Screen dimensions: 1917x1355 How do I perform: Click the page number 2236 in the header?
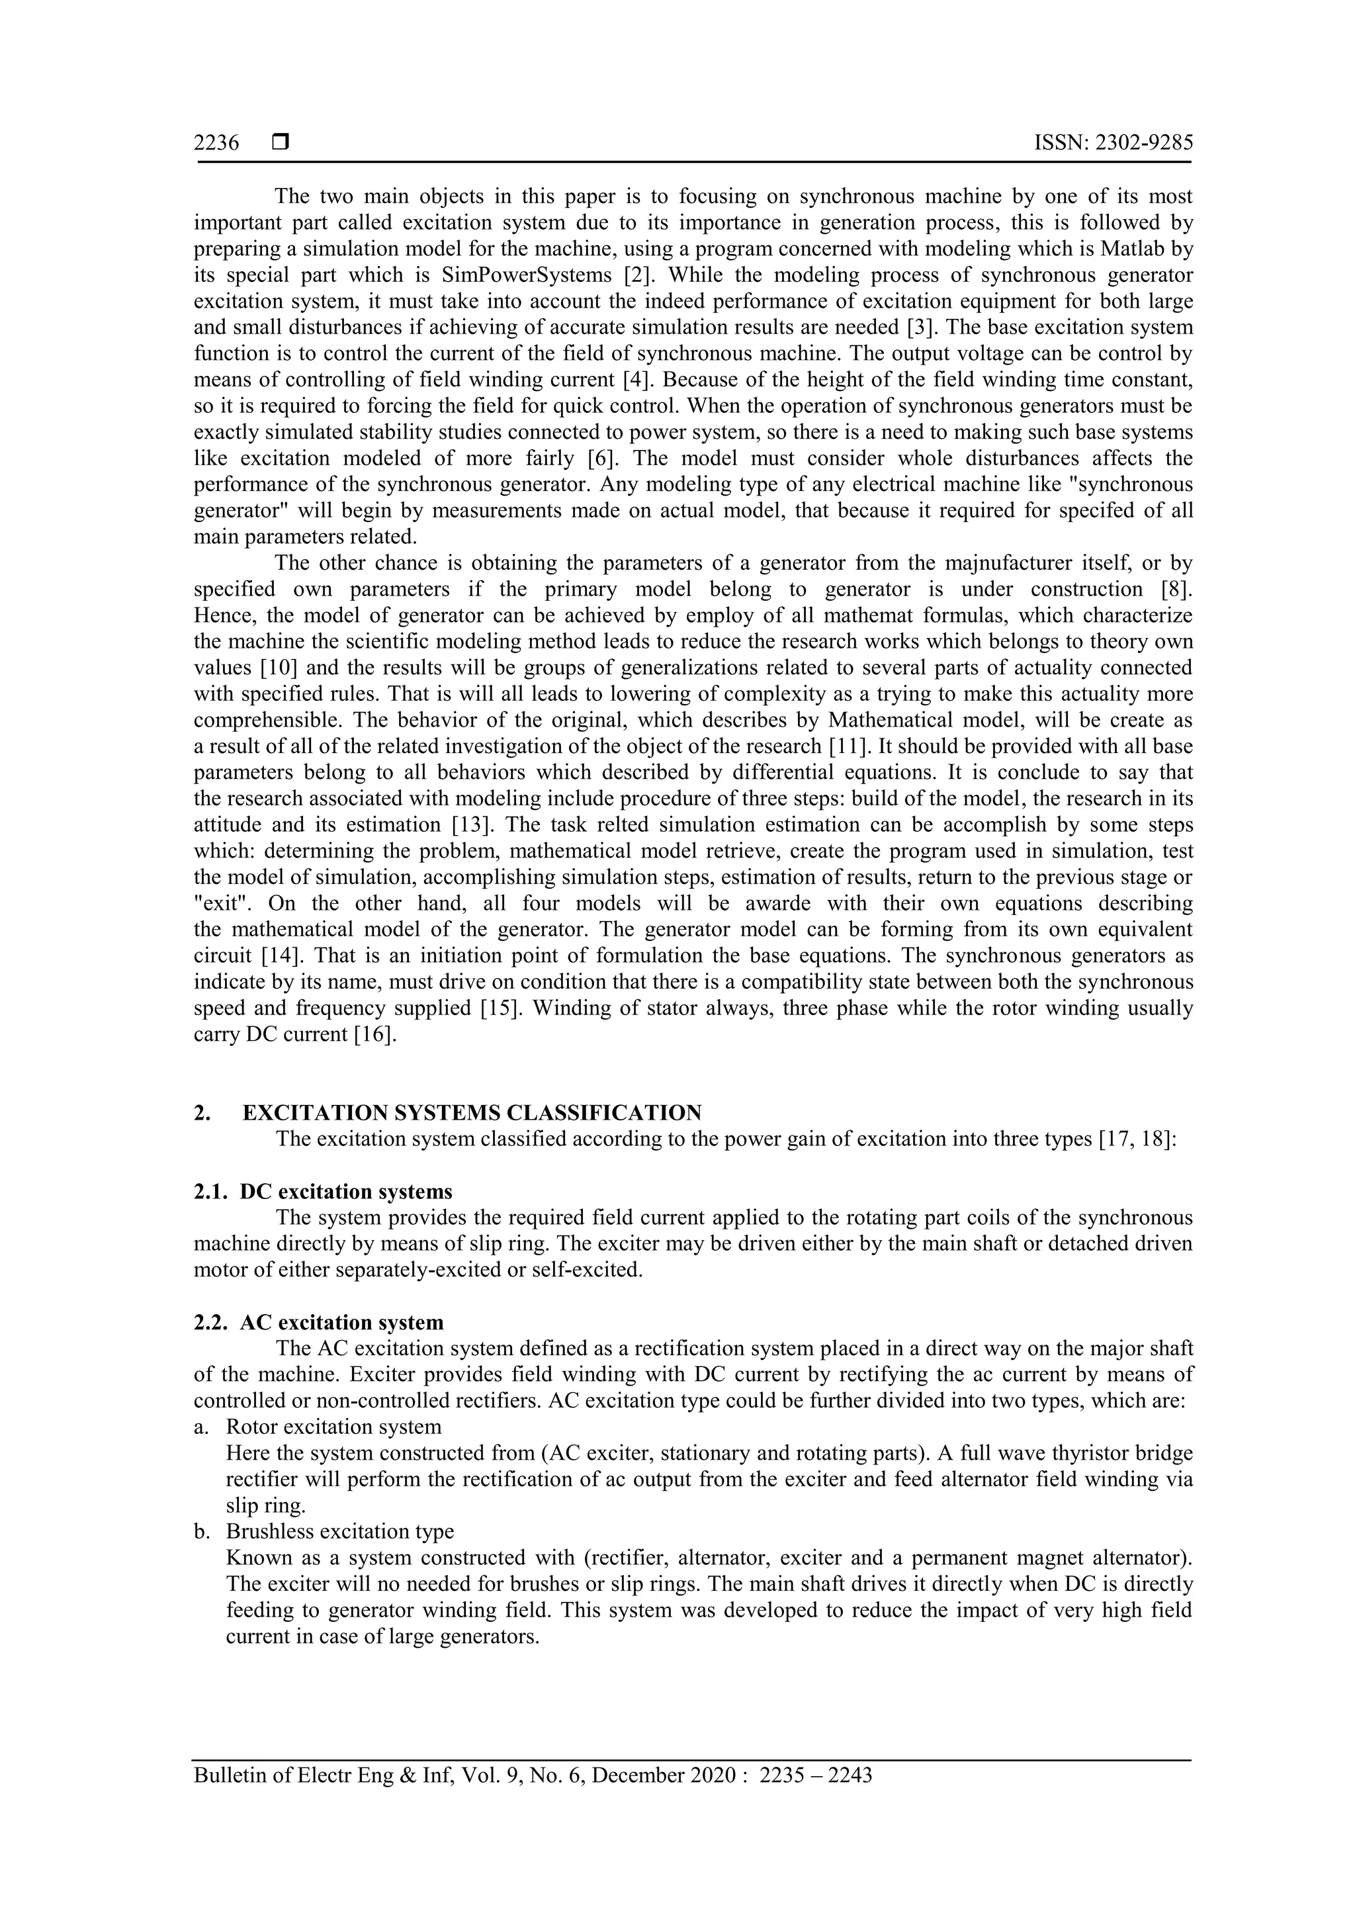pos(216,143)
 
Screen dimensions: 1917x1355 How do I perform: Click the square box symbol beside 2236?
pos(281,143)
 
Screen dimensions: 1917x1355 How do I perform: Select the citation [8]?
pos(1176,589)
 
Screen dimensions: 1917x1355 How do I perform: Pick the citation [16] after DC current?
pos(375,1034)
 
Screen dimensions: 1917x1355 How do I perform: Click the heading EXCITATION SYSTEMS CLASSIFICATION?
pos(472,1113)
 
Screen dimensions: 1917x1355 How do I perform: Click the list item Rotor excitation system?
pos(333,1427)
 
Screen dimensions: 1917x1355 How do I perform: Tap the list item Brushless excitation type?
pos(340,1531)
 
